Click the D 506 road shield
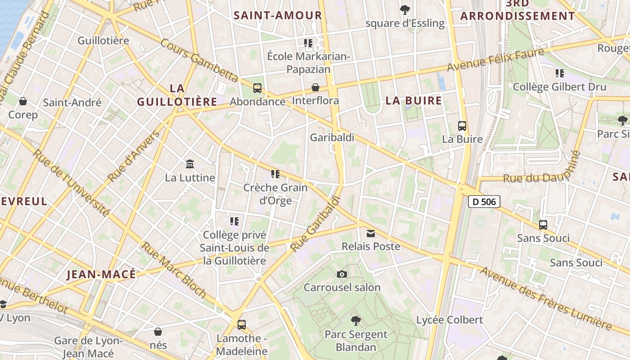tap(484, 202)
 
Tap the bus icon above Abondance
tap(257, 88)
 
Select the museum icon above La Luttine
tap(190, 164)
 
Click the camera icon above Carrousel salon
tap(342, 274)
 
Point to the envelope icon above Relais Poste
tap(371, 233)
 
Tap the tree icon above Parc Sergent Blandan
tap(356, 321)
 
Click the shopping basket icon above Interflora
tap(315, 87)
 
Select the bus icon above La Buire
tap(462, 126)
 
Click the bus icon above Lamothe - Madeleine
tap(242, 324)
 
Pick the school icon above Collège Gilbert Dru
tap(559, 73)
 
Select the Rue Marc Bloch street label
tap(174, 270)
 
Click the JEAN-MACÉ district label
tap(101, 274)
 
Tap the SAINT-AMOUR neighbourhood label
tap(278, 15)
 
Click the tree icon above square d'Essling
tap(405, 9)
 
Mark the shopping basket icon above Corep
tap(23, 101)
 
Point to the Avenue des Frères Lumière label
tap(547, 297)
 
